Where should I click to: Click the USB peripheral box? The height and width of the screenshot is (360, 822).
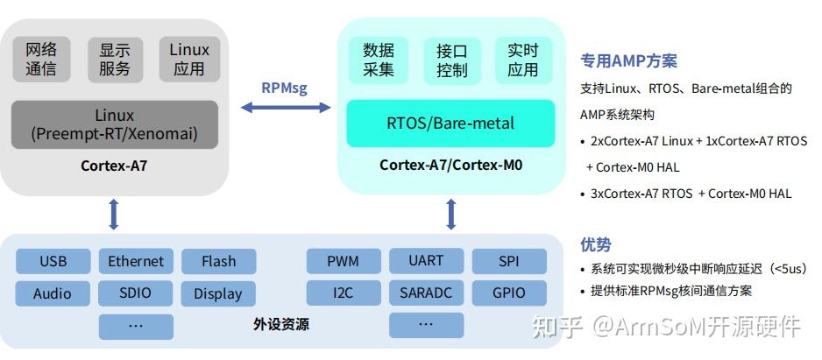53,261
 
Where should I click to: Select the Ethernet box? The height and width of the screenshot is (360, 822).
136,261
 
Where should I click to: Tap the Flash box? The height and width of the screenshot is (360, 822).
218,261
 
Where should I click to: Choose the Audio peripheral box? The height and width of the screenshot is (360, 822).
53,293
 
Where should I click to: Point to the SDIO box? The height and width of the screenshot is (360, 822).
136,293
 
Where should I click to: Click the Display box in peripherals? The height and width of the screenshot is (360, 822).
218,293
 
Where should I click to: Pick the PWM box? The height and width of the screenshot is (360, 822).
344,261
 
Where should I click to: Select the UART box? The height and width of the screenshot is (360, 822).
426,261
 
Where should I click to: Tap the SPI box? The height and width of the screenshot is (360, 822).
509,261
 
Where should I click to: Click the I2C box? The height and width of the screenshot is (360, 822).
344,293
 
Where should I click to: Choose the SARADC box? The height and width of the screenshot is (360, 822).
426,293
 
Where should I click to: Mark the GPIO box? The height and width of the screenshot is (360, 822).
509,293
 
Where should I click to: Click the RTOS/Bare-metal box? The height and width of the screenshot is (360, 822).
450,123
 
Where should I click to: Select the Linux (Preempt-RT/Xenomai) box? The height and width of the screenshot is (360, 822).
114,124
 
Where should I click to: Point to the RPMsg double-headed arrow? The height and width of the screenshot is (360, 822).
286,107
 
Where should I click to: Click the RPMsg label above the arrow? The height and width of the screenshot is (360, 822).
285,87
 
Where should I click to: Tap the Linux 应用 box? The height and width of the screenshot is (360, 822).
189,59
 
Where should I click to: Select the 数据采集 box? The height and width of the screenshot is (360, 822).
379,60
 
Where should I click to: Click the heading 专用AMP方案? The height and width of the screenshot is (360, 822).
628,61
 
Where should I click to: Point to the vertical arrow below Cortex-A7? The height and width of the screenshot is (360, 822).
113,214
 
